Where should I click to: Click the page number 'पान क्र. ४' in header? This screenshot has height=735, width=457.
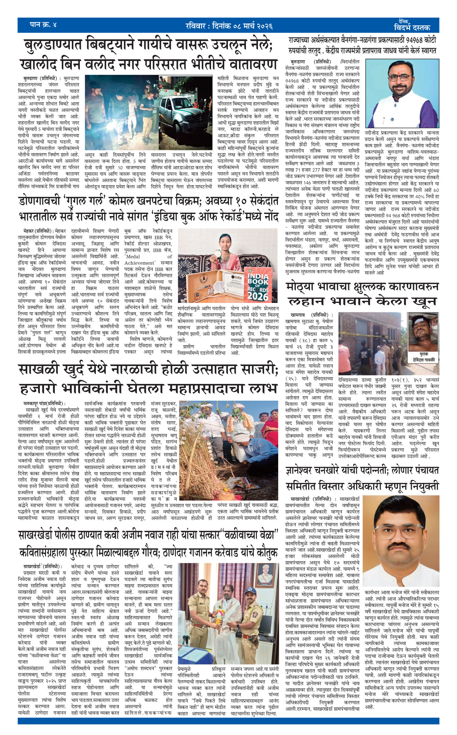coord(43,25)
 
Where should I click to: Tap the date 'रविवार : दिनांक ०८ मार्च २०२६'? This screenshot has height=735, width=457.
coord(229,26)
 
